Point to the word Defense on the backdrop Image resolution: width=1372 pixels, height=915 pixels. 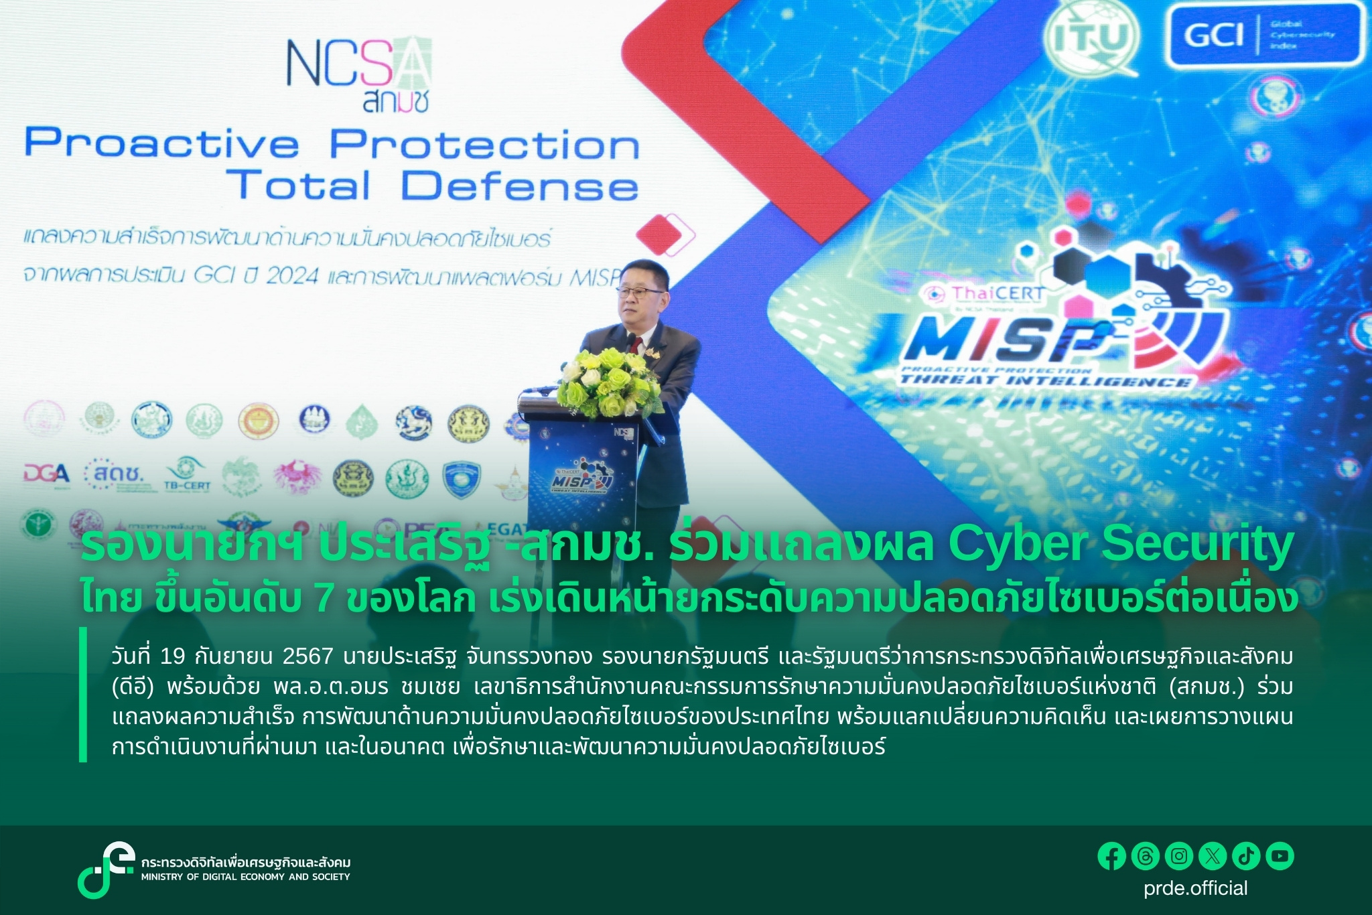pyautogui.click(x=519, y=186)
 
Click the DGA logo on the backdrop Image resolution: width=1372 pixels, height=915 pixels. pyautogui.click(x=46, y=474)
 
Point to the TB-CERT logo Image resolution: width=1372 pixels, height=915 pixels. pyautogui.click(x=187, y=476)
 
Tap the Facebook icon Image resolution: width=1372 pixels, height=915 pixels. pyautogui.click(x=1111, y=856)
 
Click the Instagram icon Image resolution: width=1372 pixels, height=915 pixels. pyautogui.click(x=1179, y=856)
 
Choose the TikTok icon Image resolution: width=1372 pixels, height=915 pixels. pyautogui.click(x=1246, y=856)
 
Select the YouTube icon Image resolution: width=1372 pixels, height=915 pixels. pyautogui.click(x=1280, y=856)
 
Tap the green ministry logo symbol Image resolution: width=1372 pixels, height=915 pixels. pyautogui.click(x=105, y=869)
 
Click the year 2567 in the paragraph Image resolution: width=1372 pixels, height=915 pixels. pyautogui.click(x=307, y=656)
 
